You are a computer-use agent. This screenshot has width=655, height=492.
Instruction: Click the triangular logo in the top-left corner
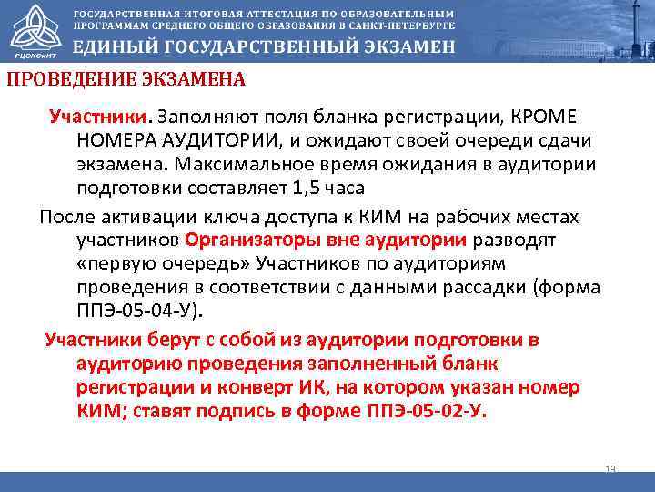tap(34, 30)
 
